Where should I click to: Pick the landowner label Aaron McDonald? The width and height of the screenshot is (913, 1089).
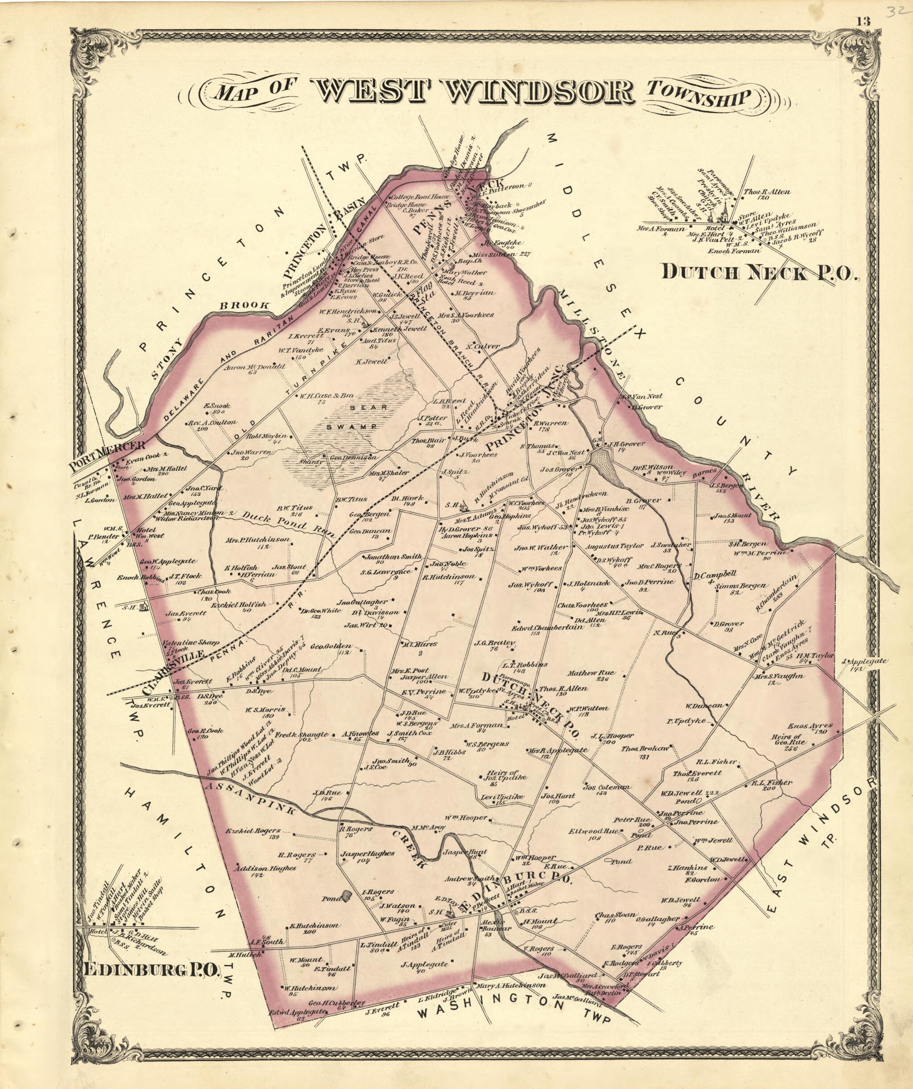(x=255, y=367)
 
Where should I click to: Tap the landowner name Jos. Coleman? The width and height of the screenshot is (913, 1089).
(x=606, y=787)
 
